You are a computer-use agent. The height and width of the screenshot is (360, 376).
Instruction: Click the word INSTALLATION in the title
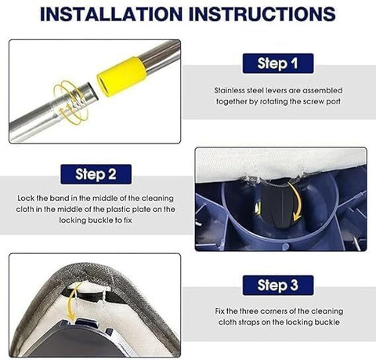[x=111, y=14]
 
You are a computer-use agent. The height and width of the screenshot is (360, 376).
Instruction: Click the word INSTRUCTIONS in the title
[x=262, y=14]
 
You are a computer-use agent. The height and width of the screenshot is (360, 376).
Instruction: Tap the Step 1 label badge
[x=278, y=64]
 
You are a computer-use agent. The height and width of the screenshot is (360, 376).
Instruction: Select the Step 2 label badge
[x=96, y=174]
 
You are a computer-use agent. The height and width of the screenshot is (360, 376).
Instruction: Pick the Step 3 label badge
[x=278, y=285]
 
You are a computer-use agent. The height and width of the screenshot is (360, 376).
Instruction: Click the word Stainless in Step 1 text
[x=229, y=90]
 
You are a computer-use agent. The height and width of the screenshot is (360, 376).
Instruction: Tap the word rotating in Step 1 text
[x=273, y=102]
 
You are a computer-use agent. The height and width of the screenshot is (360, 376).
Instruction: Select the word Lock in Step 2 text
[x=26, y=198]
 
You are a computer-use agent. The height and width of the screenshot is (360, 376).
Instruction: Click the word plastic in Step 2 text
[x=118, y=209]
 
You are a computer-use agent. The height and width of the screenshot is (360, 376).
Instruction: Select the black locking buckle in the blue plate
[x=277, y=205]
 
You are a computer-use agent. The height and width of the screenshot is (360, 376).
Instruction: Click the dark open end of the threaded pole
[x=93, y=91]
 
